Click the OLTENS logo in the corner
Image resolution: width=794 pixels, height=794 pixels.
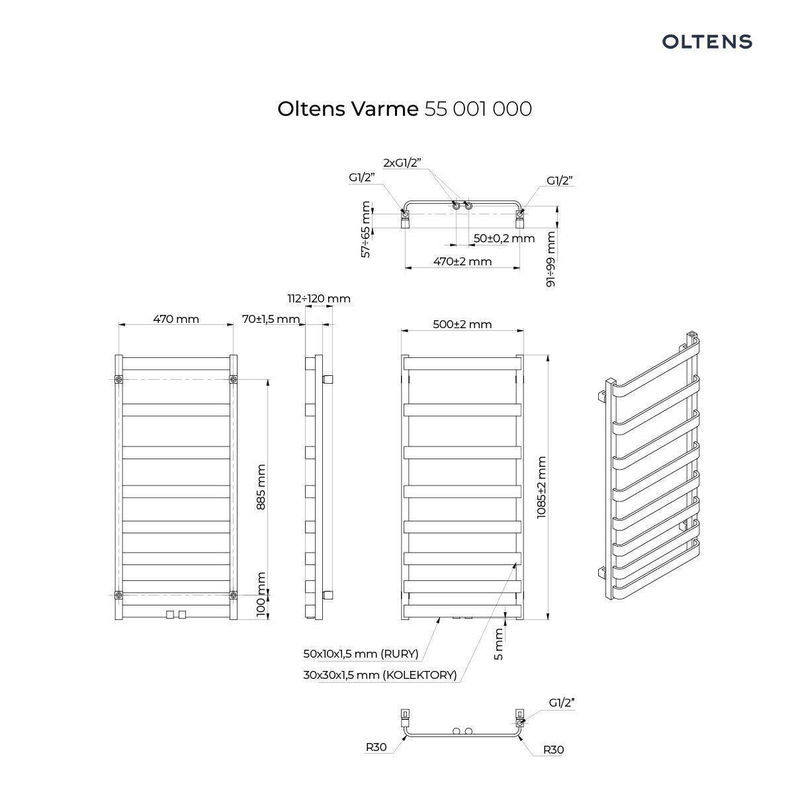[707, 42]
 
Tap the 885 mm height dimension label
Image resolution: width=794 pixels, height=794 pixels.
[261, 486]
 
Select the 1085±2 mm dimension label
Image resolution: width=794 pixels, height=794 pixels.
[542, 487]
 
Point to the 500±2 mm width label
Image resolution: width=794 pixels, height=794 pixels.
[463, 324]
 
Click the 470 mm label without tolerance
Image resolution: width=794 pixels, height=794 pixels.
[176, 319]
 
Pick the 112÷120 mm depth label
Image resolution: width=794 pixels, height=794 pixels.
[319, 298]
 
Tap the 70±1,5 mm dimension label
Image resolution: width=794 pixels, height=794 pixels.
[271, 319]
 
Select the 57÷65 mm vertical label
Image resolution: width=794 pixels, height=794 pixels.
[366, 230]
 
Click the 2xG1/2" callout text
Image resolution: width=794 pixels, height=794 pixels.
[402, 162]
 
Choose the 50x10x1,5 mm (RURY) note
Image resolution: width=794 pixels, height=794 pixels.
[361, 654]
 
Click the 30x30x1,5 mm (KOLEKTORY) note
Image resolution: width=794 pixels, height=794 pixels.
[380, 675]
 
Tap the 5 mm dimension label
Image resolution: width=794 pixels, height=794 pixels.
[499, 644]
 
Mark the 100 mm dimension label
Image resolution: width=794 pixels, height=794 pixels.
[261, 595]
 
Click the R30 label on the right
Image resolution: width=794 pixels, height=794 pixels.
[553, 750]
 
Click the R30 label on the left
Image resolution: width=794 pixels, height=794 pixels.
[376, 748]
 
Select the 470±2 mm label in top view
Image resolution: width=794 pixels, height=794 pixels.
[463, 261]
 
